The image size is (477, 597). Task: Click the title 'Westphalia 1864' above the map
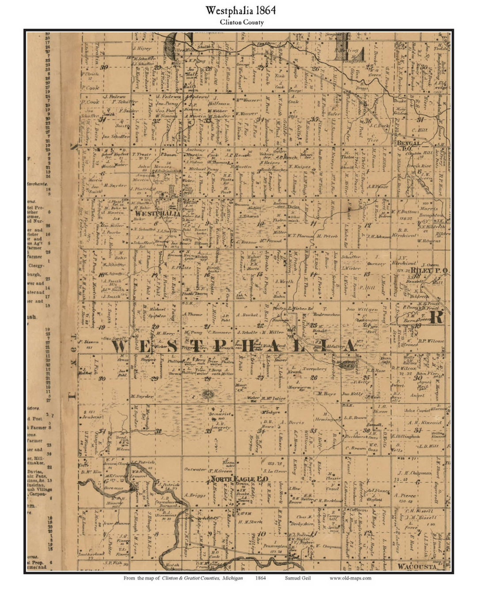241,11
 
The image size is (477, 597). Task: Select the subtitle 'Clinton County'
242,23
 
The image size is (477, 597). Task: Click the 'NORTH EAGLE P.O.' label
239,479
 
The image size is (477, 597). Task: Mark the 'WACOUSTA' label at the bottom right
417,566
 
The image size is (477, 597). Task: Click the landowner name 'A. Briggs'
195,495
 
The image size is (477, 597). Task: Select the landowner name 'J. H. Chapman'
414,473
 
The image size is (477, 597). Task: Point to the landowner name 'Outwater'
195,470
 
